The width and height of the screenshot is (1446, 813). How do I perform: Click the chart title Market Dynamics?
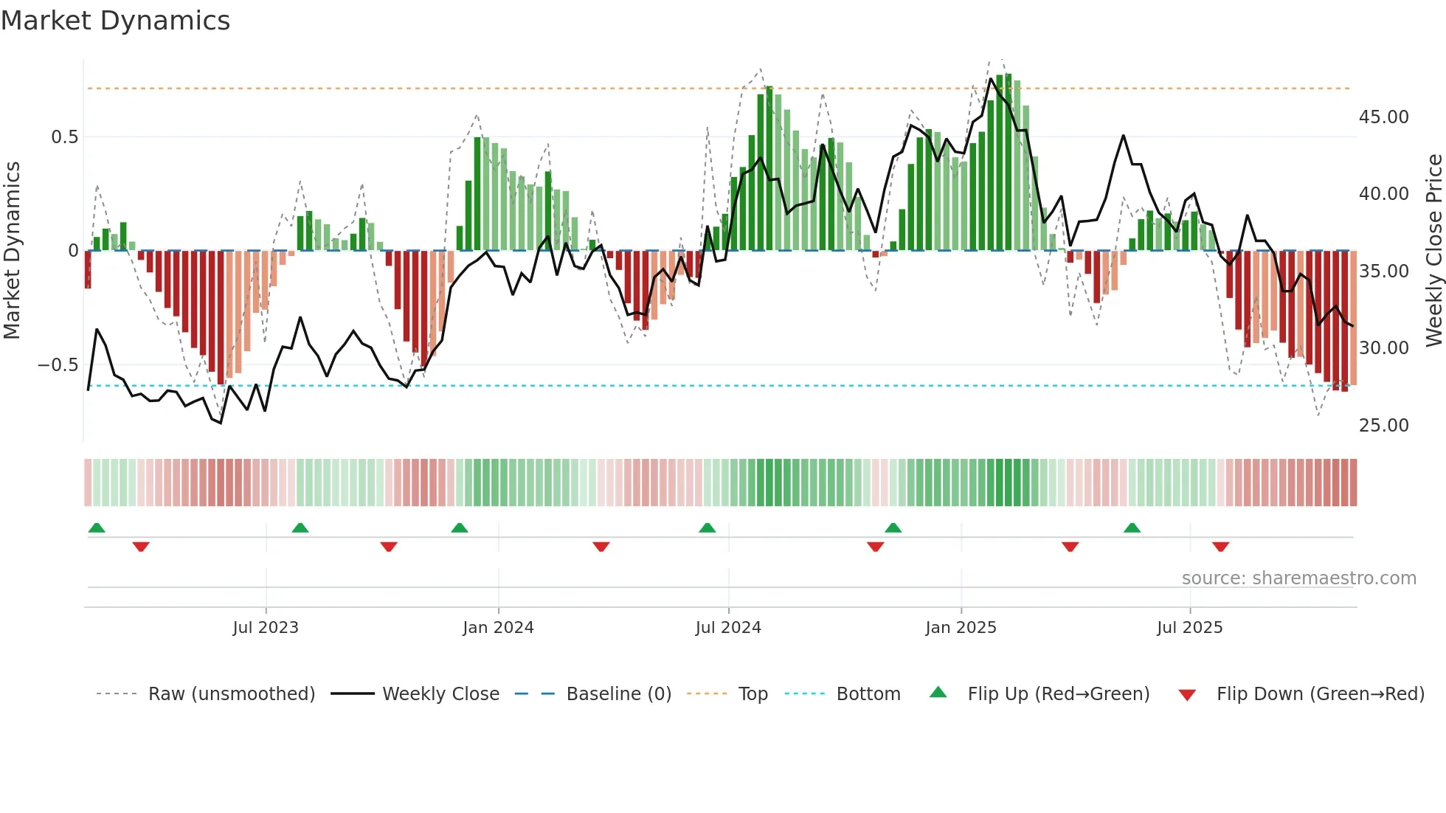tap(115, 21)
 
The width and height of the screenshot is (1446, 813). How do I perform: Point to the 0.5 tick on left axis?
tap(64, 137)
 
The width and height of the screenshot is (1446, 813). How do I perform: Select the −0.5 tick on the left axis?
tap(58, 365)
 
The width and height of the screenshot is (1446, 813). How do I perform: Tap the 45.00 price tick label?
tap(1383, 117)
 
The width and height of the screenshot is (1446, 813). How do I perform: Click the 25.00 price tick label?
tap(1383, 426)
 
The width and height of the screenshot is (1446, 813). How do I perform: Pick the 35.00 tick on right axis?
tap(1383, 271)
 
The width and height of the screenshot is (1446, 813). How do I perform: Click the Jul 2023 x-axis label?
tap(266, 628)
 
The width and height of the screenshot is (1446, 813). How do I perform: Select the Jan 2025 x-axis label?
tap(961, 628)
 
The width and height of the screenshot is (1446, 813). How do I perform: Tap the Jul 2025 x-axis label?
tap(1189, 628)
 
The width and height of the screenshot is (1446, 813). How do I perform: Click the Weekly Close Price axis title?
tap(1433, 251)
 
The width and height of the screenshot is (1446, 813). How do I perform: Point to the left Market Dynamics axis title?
tap(12, 251)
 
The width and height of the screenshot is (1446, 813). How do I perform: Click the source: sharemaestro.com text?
tap(1298, 578)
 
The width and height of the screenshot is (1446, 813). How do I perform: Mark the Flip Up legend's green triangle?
tap(938, 693)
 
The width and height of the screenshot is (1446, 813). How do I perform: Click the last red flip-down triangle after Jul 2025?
tap(1220, 547)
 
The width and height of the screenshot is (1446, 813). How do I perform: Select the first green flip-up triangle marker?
tap(97, 527)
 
